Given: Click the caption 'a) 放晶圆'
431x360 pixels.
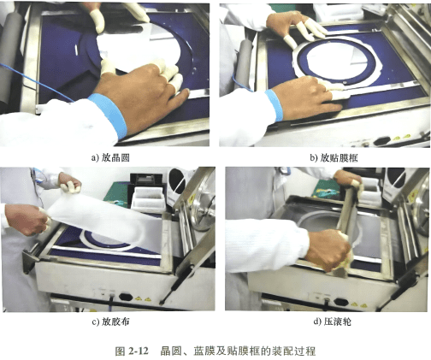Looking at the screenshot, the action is coord(110,157).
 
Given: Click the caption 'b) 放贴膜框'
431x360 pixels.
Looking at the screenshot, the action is coord(334,157).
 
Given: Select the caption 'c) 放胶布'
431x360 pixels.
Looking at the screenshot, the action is coord(110,322).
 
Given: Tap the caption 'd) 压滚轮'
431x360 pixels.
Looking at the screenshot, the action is coord(332,322).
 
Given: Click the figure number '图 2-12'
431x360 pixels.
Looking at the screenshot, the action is coord(132,351).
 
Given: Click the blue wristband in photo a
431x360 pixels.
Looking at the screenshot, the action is coord(109,115).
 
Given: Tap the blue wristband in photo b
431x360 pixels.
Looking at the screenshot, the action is coord(275,105).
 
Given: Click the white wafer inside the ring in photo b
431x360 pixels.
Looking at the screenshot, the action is coord(337,61).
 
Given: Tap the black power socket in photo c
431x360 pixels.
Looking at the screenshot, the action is coord(126,297).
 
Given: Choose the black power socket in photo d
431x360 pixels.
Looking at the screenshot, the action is coord(341,302).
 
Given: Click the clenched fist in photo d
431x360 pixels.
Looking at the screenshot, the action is coord(328,251).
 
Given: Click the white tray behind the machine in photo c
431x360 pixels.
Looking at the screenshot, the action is coord(148,199).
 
